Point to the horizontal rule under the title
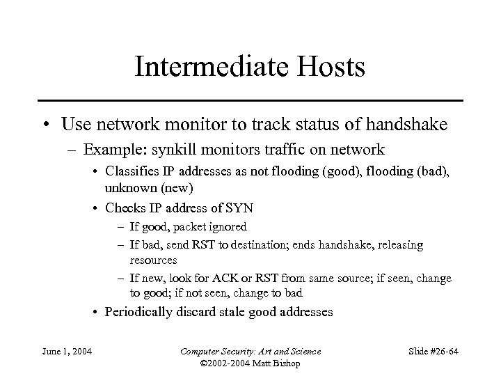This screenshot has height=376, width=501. [x=250, y=100]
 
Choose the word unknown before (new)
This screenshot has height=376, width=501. [x=126, y=189]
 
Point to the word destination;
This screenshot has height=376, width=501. [x=246, y=245]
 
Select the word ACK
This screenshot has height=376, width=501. [x=229, y=278]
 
